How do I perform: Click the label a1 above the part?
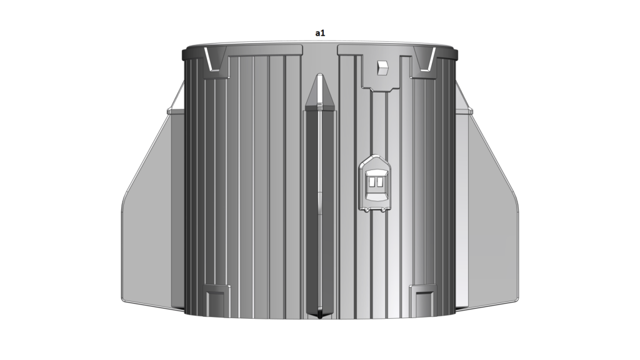click(320, 33)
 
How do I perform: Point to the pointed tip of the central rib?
click(320, 75)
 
